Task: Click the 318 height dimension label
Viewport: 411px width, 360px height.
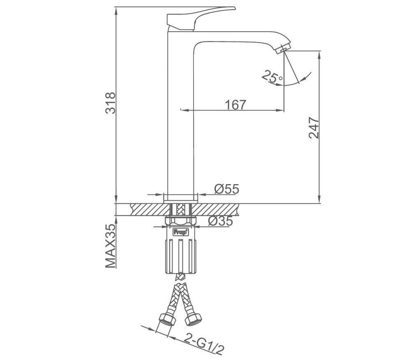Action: (x=110, y=103)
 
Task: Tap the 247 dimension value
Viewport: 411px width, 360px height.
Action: (x=314, y=127)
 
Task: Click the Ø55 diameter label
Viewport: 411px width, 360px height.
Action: (x=227, y=189)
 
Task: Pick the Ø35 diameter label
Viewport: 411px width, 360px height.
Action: (x=220, y=221)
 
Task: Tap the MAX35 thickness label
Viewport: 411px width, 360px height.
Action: (x=110, y=246)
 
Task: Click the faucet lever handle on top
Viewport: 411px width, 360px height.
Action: (x=201, y=18)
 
